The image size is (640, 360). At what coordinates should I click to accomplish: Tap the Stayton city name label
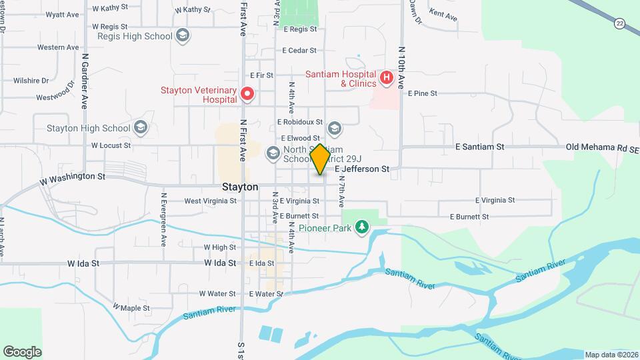coord(239,187)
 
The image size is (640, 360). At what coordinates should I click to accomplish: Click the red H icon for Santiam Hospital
coord(386,79)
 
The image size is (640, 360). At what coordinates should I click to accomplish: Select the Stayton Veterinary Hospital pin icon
coord(247,94)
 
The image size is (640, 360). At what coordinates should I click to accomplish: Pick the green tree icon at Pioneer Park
coord(362,228)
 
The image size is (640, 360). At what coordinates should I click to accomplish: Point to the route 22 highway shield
coord(621,23)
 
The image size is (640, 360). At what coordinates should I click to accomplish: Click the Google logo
coord(22,351)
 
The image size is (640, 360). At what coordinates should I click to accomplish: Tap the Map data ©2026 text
coord(611,355)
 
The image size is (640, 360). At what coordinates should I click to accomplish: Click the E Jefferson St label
coord(362,170)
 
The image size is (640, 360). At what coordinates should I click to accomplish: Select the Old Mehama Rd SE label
coord(601,147)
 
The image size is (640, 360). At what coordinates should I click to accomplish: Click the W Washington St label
coord(73,177)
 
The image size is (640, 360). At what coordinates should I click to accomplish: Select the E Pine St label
coord(422,94)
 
